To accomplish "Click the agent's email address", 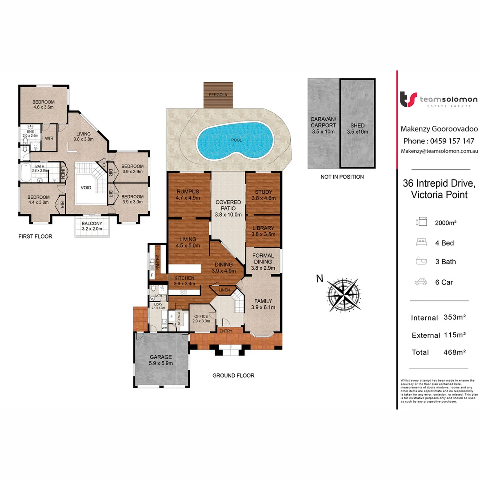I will coord(439,152).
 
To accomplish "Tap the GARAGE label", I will coord(161,357).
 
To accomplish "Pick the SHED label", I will coord(357,126).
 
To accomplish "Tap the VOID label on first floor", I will coord(86,188).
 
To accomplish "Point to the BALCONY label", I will coord(92,224).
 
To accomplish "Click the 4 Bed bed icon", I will coord(421,243).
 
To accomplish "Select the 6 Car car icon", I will coord(421,282).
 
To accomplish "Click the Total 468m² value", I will coord(454,352).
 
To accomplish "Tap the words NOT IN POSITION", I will coord(342,177).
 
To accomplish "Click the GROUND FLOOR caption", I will coord(233,376).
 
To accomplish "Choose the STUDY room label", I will coord(264,192).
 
